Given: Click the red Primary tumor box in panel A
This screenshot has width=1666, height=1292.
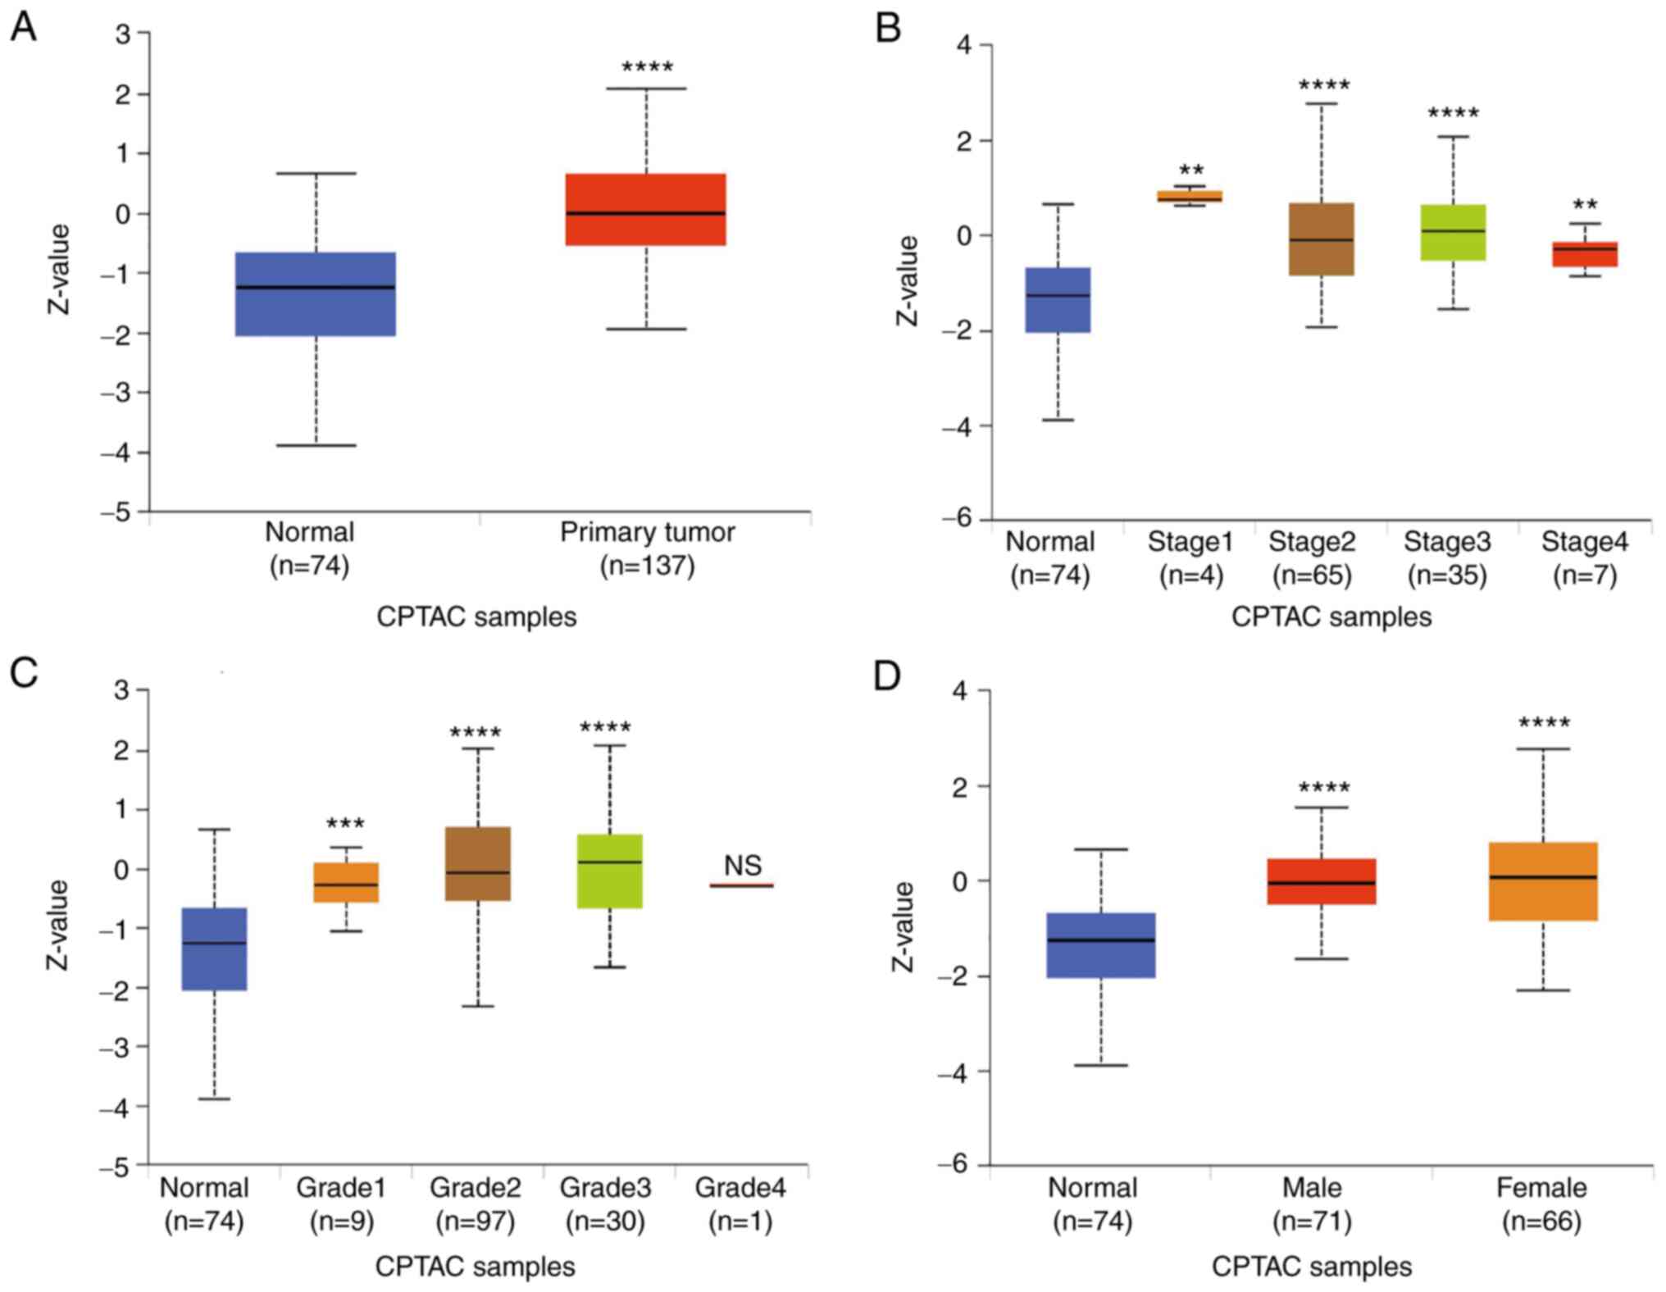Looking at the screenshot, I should [x=645, y=209].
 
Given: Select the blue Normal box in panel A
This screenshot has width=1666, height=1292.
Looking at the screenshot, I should [x=316, y=293].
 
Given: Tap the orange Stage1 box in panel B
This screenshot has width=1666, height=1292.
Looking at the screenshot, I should [x=1190, y=196].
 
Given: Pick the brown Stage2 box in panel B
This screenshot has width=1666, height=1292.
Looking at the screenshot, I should [x=1321, y=239].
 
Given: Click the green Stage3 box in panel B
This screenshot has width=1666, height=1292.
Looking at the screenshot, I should [x=1453, y=232].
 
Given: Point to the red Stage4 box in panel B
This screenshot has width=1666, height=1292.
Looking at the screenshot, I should [x=1584, y=253].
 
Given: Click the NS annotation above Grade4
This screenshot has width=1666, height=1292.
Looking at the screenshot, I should [x=742, y=865].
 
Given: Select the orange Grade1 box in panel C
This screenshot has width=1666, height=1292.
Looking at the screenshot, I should [x=346, y=882].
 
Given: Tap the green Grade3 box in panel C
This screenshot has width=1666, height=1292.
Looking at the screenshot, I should [x=609, y=871].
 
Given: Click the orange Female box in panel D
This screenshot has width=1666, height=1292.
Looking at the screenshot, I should [x=1542, y=881].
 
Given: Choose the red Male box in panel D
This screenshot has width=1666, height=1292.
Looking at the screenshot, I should [x=1321, y=881].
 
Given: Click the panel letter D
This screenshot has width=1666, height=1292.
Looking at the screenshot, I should [x=887, y=676].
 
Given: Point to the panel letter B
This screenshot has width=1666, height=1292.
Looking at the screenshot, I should [x=888, y=28].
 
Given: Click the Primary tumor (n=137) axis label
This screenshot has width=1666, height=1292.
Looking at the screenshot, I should [x=647, y=548].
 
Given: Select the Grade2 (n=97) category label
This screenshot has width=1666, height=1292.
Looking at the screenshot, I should [x=476, y=1203].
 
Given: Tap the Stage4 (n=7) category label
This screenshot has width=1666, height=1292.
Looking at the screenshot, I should [x=1584, y=557].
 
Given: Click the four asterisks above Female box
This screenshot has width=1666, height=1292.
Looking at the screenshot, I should [x=1544, y=723].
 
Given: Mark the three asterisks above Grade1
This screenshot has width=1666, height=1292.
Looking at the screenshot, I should [x=345, y=824].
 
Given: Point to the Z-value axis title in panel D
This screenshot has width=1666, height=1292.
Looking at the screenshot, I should [x=903, y=926].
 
